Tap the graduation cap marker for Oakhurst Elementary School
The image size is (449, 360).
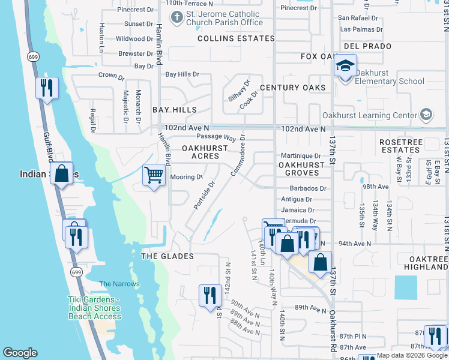click(345, 67)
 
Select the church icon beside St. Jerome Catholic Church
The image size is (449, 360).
click(176, 18)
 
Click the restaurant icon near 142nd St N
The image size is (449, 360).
click(209, 295)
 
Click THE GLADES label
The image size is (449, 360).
click(167, 256)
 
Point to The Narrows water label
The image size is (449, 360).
click(119, 284)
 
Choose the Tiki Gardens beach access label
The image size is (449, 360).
click(94, 308)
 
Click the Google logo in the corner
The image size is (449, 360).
click(20, 353)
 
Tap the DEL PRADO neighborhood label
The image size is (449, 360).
click(367, 46)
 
